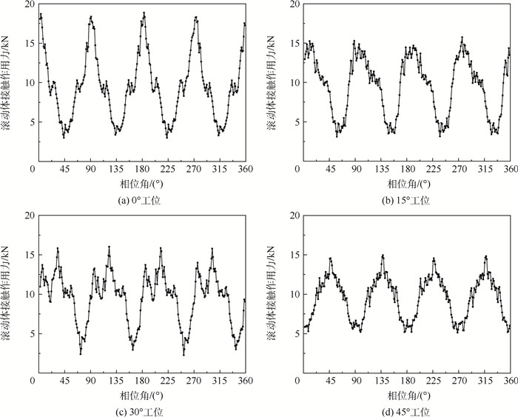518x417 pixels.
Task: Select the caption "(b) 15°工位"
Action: point(403,200)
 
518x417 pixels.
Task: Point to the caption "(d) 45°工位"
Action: point(403,411)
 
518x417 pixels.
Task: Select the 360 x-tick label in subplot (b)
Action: point(510,170)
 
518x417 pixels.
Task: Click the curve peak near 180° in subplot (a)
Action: point(144,13)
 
